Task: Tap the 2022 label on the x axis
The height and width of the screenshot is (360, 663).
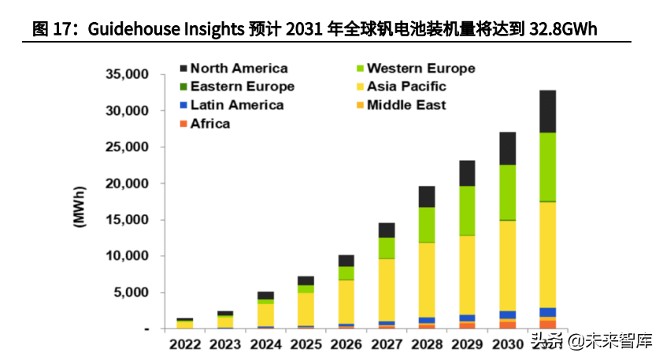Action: click(x=185, y=343)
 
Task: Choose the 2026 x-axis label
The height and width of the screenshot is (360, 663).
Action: click(x=346, y=343)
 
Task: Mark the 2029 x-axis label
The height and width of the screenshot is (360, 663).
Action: click(x=467, y=343)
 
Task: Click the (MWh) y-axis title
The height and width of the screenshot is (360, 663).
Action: click(x=80, y=207)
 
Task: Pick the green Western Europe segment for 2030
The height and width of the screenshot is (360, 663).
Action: click(x=508, y=192)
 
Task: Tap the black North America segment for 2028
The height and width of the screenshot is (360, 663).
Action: click(x=427, y=197)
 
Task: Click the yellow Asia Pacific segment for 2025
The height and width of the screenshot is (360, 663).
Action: click(x=306, y=309)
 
